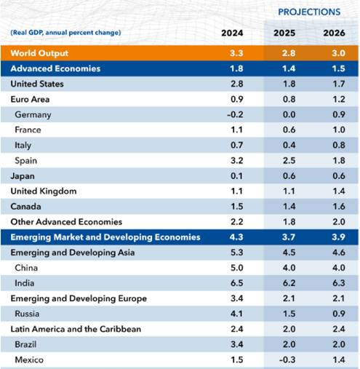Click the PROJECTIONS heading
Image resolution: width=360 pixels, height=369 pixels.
pyautogui.click(x=309, y=12)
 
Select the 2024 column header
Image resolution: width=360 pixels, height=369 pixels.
pyautogui.click(x=232, y=33)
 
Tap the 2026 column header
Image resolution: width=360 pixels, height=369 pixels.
pyautogui.click(x=334, y=33)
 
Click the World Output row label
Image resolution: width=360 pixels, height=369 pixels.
pyautogui.click(x=39, y=53)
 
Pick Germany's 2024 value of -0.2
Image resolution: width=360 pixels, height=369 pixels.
pyautogui.click(x=235, y=114)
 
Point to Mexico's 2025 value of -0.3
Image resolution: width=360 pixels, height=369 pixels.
pyautogui.click(x=287, y=360)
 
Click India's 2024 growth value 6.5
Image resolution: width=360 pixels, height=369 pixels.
pyautogui.click(x=236, y=283)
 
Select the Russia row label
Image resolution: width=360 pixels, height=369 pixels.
pyautogui.click(x=27, y=314)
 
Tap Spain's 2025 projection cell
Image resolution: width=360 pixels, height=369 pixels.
pyautogui.click(x=289, y=160)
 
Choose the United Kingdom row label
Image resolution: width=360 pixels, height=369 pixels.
pyautogui.click(x=44, y=191)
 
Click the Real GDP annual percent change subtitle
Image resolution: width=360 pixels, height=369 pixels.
pyautogui.click(x=65, y=33)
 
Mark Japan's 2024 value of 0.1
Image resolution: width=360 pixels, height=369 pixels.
pyautogui.click(x=236, y=175)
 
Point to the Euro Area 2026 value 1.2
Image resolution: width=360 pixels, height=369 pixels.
pyautogui.click(x=339, y=99)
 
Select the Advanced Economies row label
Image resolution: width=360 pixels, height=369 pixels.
pyautogui.click(x=55, y=68)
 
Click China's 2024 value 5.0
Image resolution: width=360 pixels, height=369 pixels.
pyautogui.click(x=236, y=268)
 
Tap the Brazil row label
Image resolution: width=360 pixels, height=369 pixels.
pyautogui.click(x=25, y=344)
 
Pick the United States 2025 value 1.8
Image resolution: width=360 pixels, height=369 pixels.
pyautogui.click(x=289, y=84)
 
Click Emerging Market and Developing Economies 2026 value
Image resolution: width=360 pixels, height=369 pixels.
pyautogui.click(x=338, y=237)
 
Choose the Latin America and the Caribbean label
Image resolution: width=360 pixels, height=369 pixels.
pyautogui.click(x=76, y=329)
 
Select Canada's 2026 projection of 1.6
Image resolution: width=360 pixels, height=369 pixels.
pyautogui.click(x=339, y=207)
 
